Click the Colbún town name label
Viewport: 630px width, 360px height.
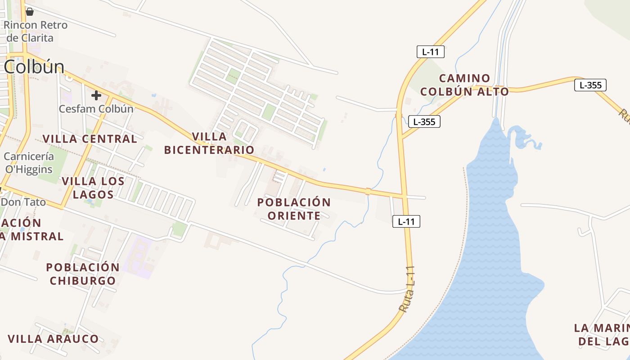[34, 67]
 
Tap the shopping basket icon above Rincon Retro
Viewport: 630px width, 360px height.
[30, 12]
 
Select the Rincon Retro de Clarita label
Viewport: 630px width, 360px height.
[35, 31]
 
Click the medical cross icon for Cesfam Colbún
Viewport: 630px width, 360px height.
[96, 95]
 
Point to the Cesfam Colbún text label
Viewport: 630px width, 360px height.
[96, 109]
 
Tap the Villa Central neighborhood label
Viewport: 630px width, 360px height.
[90, 139]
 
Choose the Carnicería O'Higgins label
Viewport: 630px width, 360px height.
[29, 163]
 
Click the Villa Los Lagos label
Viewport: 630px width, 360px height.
[93, 188]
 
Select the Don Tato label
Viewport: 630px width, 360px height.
[23, 202]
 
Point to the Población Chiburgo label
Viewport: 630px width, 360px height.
[83, 274]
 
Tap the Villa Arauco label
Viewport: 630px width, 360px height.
[53, 339]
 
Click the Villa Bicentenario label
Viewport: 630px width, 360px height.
[209, 143]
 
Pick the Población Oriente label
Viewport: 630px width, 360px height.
[294, 209]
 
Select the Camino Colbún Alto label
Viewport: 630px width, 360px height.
[464, 85]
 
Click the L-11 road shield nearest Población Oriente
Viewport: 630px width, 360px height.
[406, 221]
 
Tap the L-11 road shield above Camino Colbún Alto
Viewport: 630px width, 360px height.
[430, 52]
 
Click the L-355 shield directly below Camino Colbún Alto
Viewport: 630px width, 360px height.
[424, 121]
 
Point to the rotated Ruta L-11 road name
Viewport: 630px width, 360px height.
[407, 291]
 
